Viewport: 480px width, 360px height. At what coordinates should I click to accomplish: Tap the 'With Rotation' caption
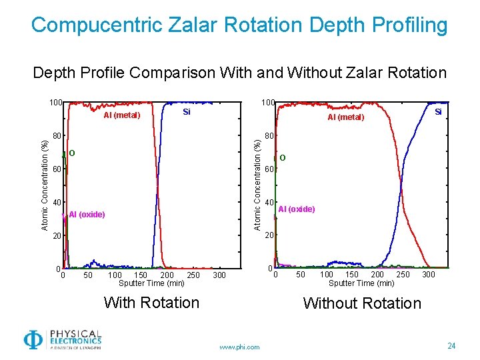coord(151,303)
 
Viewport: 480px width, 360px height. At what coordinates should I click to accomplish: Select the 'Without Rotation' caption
coord(362,303)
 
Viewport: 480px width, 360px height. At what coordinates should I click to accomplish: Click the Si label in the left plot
coord(187,112)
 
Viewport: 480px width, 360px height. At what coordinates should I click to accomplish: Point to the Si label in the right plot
coord(438,112)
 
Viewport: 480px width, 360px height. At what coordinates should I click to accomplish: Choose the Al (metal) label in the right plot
coord(345,117)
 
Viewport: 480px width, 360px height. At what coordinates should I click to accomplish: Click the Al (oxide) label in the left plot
coord(87,214)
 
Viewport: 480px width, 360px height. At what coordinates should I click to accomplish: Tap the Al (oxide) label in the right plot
coord(297,209)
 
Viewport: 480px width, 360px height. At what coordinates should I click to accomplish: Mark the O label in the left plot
coord(72,154)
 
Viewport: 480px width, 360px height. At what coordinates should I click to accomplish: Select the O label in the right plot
coord(283,158)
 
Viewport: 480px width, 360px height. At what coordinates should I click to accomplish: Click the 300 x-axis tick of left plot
coord(219,275)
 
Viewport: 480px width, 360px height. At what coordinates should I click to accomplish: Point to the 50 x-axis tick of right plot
coord(301,275)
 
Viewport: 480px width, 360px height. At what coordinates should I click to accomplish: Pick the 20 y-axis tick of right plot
coord(268,235)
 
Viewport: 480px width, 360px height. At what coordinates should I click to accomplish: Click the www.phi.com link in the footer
coord(239,347)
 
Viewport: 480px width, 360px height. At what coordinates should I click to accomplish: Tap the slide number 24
coord(451,346)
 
